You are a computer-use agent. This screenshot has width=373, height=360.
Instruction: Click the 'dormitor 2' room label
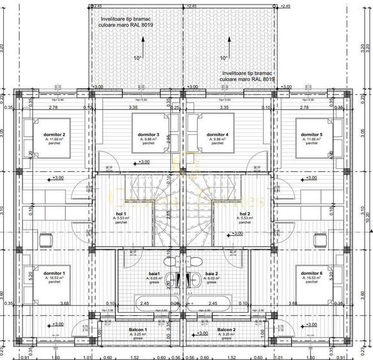pyautogui.click(x=55, y=134)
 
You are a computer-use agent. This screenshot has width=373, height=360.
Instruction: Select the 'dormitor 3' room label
pyautogui.click(x=148, y=134)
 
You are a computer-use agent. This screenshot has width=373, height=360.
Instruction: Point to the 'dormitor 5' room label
pyautogui.click(x=312, y=134)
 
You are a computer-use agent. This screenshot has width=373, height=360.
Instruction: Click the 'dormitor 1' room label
pyautogui.click(x=55, y=273)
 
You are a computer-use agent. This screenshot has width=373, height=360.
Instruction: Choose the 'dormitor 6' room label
pyautogui.click(x=312, y=273)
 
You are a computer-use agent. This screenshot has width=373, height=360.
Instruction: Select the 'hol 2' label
pyautogui.click(x=244, y=214)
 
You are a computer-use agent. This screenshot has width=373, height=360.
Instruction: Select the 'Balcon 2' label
pyautogui.click(x=226, y=330)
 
